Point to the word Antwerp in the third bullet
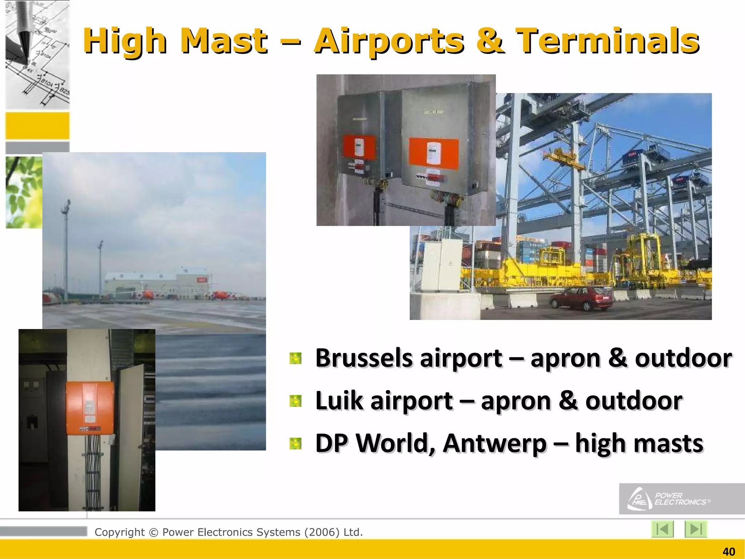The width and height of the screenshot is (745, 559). (x=495, y=443)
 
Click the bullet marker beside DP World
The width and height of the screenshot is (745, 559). (x=295, y=443)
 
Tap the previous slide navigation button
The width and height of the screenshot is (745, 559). (x=662, y=529)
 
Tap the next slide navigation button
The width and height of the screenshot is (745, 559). (x=696, y=529)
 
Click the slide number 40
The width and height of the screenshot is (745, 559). (x=729, y=552)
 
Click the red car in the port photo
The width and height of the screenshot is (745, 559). (x=581, y=298)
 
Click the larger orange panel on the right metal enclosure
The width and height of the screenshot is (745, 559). (x=433, y=153)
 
